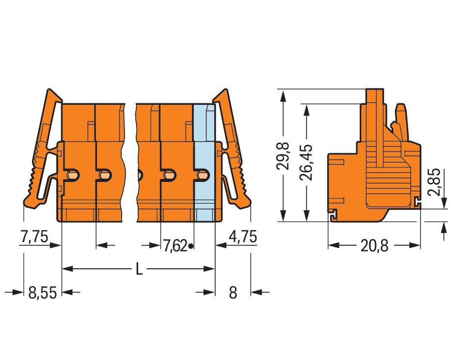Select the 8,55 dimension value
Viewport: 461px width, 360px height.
tap(43, 293)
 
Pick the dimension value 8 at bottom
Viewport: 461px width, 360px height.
tap(233, 293)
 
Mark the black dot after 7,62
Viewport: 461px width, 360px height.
tap(191, 246)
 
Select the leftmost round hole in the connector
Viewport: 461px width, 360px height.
tap(72, 174)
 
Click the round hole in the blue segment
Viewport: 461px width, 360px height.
tap(203, 174)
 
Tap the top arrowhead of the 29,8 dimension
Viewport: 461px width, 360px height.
tap(283, 94)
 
